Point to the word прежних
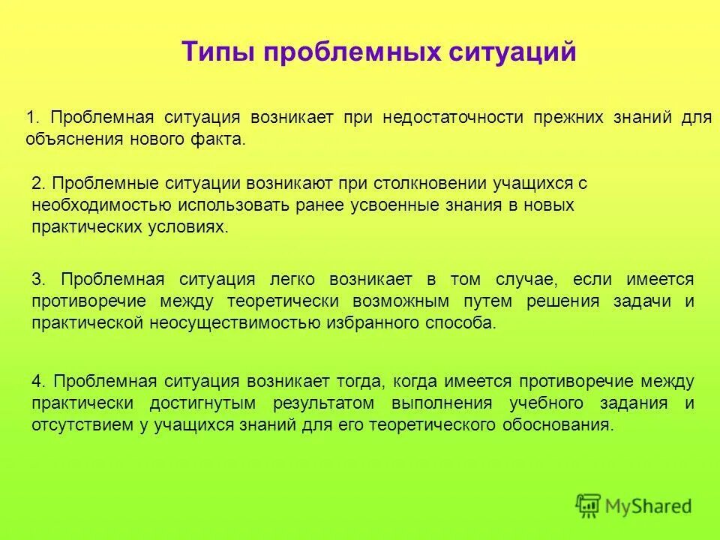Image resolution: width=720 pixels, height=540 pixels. coord(566,118)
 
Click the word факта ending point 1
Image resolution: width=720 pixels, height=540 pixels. coord(220,139)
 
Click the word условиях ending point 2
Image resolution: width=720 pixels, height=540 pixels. coord(190,226)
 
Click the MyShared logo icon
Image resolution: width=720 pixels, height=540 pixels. coord(589,505)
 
